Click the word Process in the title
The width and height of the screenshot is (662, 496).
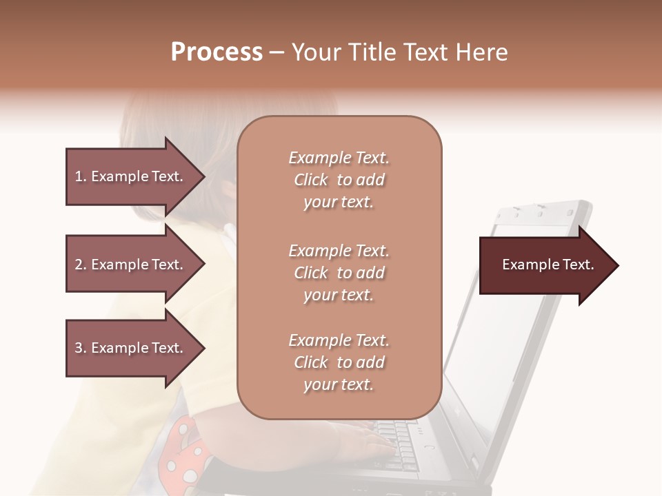[x=217, y=52]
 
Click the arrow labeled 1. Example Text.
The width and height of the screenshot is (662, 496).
[x=131, y=176]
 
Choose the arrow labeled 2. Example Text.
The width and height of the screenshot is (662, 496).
[x=131, y=265]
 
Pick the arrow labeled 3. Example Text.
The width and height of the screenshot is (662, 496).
[x=131, y=348]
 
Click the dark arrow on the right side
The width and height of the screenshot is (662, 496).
[x=545, y=265]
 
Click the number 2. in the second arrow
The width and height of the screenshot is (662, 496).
[x=81, y=265]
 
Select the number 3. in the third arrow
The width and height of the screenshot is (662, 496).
[x=81, y=348]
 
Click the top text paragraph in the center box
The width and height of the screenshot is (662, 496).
[x=339, y=180]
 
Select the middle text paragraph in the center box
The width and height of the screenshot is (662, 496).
[x=339, y=273]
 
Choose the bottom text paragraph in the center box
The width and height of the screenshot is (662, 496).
[x=339, y=362]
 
